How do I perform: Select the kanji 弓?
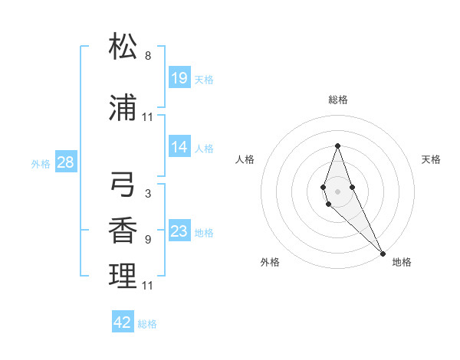click(123, 185)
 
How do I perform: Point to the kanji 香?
click(123, 231)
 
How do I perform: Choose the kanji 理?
click(123, 277)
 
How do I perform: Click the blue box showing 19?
click(179, 77)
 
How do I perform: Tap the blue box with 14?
click(179, 147)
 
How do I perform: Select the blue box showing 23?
click(179, 231)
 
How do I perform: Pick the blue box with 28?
click(65, 162)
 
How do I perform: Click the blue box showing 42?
click(123, 322)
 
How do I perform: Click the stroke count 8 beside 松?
click(148, 56)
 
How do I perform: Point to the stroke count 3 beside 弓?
click(148, 194)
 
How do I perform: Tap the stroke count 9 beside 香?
click(148, 240)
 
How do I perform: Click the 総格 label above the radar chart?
click(338, 100)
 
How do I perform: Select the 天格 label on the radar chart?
click(432, 159)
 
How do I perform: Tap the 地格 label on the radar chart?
click(402, 262)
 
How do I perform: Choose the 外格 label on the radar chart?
click(270, 262)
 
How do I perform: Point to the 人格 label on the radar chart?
click(245, 159)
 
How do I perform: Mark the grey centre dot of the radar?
click(337, 191)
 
